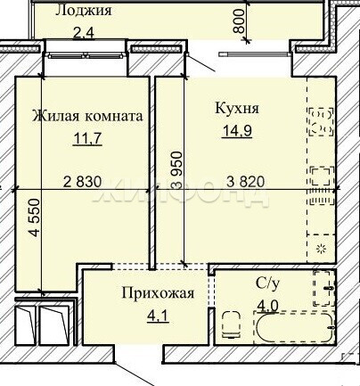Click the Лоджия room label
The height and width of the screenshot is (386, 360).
point(84,11)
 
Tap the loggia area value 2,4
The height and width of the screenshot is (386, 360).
point(84,32)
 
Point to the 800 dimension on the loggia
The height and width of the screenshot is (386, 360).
point(239,21)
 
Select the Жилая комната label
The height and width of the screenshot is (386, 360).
point(87,116)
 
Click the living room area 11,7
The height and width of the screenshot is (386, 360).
point(87,138)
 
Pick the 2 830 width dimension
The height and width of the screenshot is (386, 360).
point(83,182)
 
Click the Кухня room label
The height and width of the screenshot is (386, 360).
point(237,109)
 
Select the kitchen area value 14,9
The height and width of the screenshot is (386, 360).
point(237,131)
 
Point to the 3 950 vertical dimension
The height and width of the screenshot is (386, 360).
point(176,170)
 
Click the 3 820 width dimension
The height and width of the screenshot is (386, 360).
point(245,182)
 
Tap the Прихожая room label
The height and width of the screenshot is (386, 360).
point(158,293)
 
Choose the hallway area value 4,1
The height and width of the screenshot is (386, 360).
point(158,316)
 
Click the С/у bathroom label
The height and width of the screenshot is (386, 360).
point(267,284)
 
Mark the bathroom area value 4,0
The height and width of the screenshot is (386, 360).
point(267,306)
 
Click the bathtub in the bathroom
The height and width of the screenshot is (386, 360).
point(294,328)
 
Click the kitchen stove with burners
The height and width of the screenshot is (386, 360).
point(321,121)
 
